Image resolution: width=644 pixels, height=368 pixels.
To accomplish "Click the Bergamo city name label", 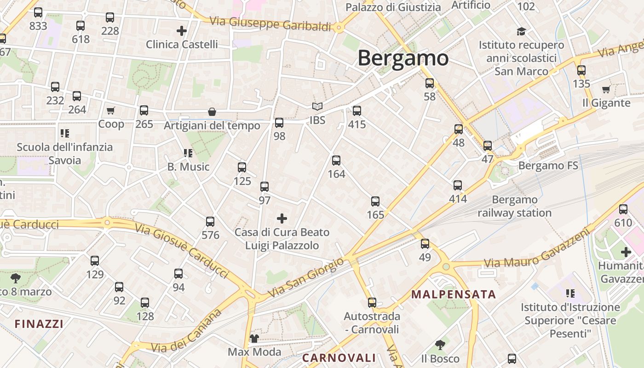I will pos(402,58).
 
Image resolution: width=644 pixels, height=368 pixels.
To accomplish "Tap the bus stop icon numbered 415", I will pos(357,111).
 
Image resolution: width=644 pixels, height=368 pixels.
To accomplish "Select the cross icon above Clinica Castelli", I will pos(182,31).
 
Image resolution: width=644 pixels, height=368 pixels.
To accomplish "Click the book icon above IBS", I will pos(317,107).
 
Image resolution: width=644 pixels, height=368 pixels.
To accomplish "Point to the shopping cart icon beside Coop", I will pos(110,110).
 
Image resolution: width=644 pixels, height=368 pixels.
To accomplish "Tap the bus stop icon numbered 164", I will pos(336,161).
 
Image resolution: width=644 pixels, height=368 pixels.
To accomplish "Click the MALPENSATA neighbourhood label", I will pos(454,294).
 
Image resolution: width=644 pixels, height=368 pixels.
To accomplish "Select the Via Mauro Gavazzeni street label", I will pos(536,248).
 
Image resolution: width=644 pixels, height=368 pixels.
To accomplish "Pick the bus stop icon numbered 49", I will pos(425,244).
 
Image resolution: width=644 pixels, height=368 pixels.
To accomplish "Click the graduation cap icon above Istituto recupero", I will pos(521,31).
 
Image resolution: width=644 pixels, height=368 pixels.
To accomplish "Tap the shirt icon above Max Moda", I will pos(254,339).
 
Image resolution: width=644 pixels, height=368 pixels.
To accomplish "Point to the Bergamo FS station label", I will pos(548,166).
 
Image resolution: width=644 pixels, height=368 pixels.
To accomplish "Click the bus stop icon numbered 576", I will pos(210,222).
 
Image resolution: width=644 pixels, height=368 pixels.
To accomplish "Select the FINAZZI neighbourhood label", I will pos(39,324).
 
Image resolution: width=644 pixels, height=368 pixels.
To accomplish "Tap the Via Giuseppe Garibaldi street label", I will pos(270,23).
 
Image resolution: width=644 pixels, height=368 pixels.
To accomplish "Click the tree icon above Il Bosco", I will pos(440,345).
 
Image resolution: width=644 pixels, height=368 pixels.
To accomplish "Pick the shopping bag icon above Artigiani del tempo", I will pos(212,112).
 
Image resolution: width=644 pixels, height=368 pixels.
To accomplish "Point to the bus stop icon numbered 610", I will pos(623,209).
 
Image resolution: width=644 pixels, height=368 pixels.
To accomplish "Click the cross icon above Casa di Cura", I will pos(282,218).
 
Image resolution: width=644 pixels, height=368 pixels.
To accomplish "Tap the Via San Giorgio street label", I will pos(306,277).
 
